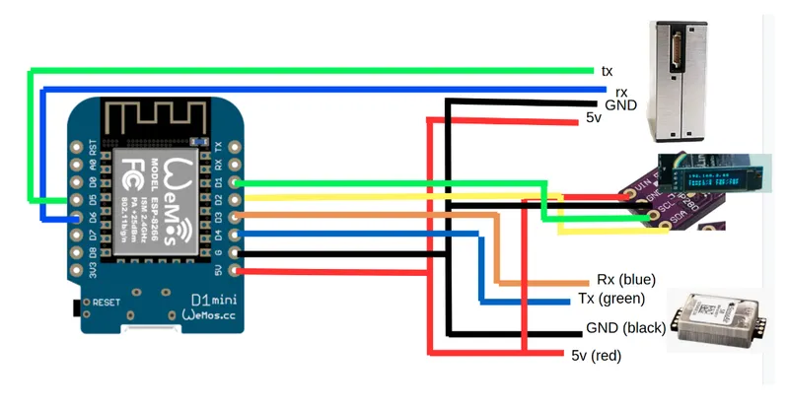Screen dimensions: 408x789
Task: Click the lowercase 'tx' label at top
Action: coord(607,71)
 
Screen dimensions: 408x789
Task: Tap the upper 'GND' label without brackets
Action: coord(621,103)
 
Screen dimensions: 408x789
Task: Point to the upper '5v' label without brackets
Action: coord(593,118)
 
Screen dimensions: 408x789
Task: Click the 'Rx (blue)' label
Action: coord(626,280)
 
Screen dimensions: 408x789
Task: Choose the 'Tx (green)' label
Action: coord(610,299)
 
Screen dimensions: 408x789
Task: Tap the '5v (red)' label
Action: coord(598,355)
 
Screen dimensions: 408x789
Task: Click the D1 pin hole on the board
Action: coord(234,182)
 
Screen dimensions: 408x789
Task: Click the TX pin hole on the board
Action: coord(234,147)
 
